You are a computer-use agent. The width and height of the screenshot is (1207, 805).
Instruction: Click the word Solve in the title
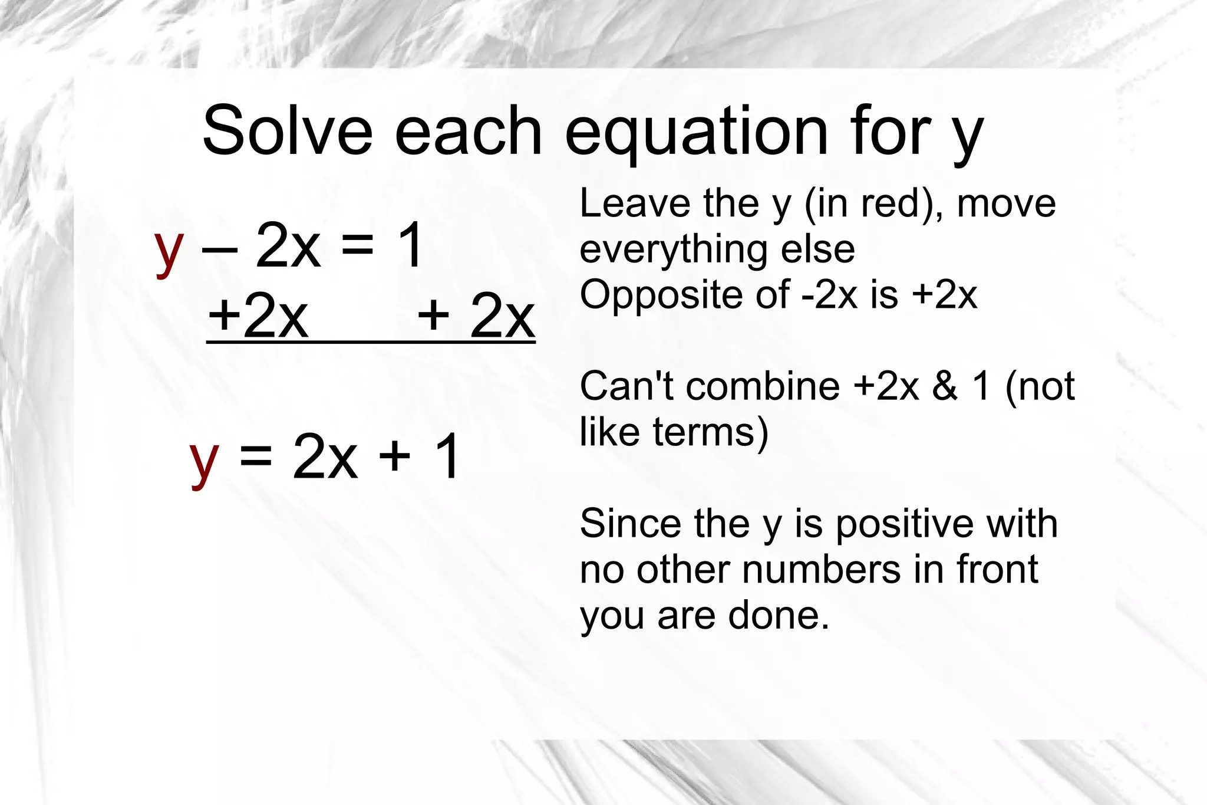pos(288,130)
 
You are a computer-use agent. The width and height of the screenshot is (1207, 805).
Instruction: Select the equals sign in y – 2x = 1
pos(357,244)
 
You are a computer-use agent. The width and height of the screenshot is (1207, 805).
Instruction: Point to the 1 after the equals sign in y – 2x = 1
pos(410,245)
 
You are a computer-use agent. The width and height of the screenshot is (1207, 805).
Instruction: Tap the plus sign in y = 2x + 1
pos(394,456)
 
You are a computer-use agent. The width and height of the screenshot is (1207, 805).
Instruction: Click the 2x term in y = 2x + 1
pos(325,456)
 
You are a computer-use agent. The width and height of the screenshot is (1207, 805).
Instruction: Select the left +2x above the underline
pos(258,316)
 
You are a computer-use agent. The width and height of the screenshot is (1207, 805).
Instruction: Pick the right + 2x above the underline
pos(476,316)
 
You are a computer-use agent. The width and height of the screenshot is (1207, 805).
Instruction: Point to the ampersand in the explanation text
pos(945,386)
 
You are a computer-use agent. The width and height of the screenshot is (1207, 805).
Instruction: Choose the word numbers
pos(821,570)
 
